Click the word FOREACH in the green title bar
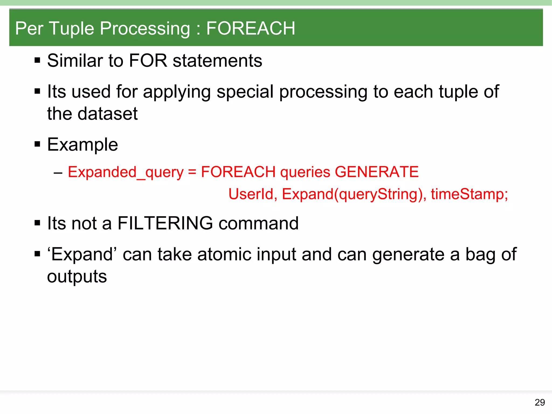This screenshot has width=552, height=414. (251, 28)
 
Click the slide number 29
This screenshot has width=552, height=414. (540, 402)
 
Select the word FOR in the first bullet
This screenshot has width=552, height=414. (148, 61)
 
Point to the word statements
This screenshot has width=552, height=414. (217, 61)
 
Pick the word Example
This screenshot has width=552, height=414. (82, 145)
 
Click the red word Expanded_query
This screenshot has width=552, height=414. (126, 172)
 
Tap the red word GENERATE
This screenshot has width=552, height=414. (377, 172)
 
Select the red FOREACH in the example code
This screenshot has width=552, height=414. (238, 172)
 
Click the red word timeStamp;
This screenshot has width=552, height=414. (469, 194)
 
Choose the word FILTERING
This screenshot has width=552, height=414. (165, 223)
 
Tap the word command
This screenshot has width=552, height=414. (258, 223)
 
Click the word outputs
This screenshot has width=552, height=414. (77, 277)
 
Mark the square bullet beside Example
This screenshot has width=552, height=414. (37, 144)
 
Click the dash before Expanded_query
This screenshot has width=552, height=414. (58, 172)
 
